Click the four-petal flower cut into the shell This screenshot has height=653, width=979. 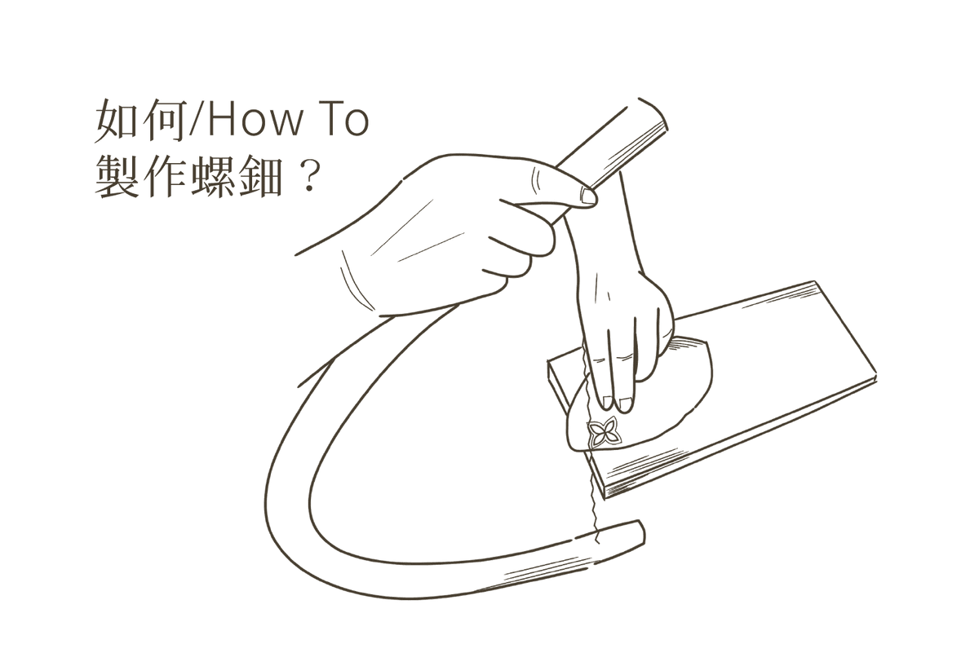click(x=602, y=431)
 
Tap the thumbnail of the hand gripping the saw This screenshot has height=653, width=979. click(x=588, y=196)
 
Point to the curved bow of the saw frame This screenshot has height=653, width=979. click(x=290, y=489)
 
